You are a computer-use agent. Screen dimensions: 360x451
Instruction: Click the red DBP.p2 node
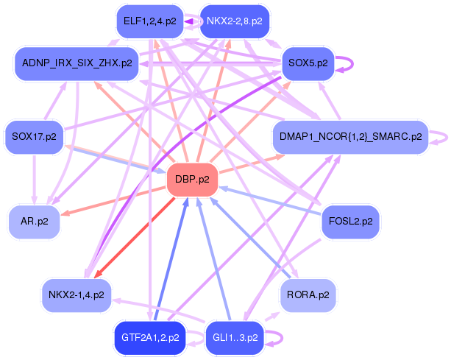coord(192,179)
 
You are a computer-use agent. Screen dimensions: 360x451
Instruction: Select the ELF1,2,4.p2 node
coord(149,21)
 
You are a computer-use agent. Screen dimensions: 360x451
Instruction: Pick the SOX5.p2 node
coord(308,63)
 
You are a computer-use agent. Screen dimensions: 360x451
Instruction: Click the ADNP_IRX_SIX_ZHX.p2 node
coord(77,63)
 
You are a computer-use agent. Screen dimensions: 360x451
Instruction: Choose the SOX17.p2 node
coord(34,137)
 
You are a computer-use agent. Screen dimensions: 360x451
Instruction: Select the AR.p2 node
coord(34,221)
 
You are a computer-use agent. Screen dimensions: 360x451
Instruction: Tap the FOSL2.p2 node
coord(350,221)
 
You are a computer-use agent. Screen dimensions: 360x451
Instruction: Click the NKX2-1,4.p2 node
coord(77,295)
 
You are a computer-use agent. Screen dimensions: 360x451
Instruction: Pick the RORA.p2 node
coord(308,295)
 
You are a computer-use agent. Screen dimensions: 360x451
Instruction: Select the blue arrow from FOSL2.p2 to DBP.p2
coord(272,200)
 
